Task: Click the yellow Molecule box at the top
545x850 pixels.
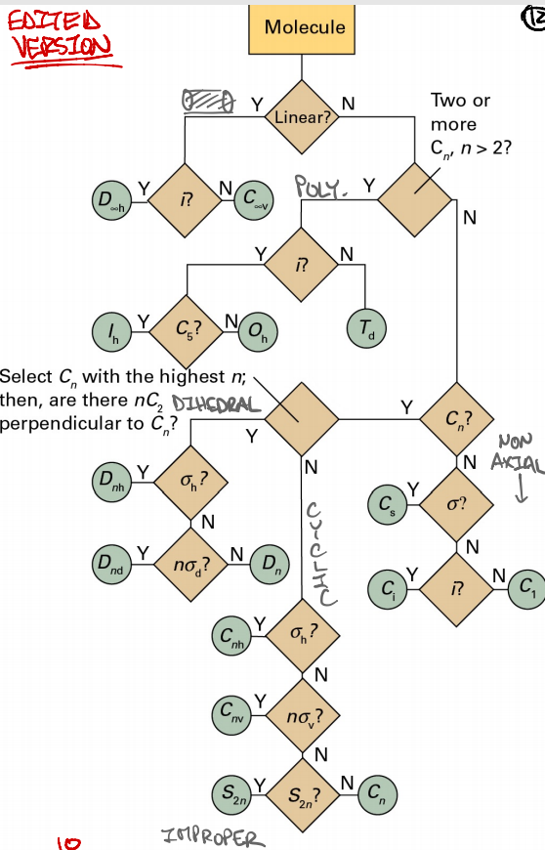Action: point(305,28)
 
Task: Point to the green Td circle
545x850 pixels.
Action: point(363,330)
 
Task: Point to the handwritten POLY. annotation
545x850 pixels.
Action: point(321,187)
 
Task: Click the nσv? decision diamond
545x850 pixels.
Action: point(302,718)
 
